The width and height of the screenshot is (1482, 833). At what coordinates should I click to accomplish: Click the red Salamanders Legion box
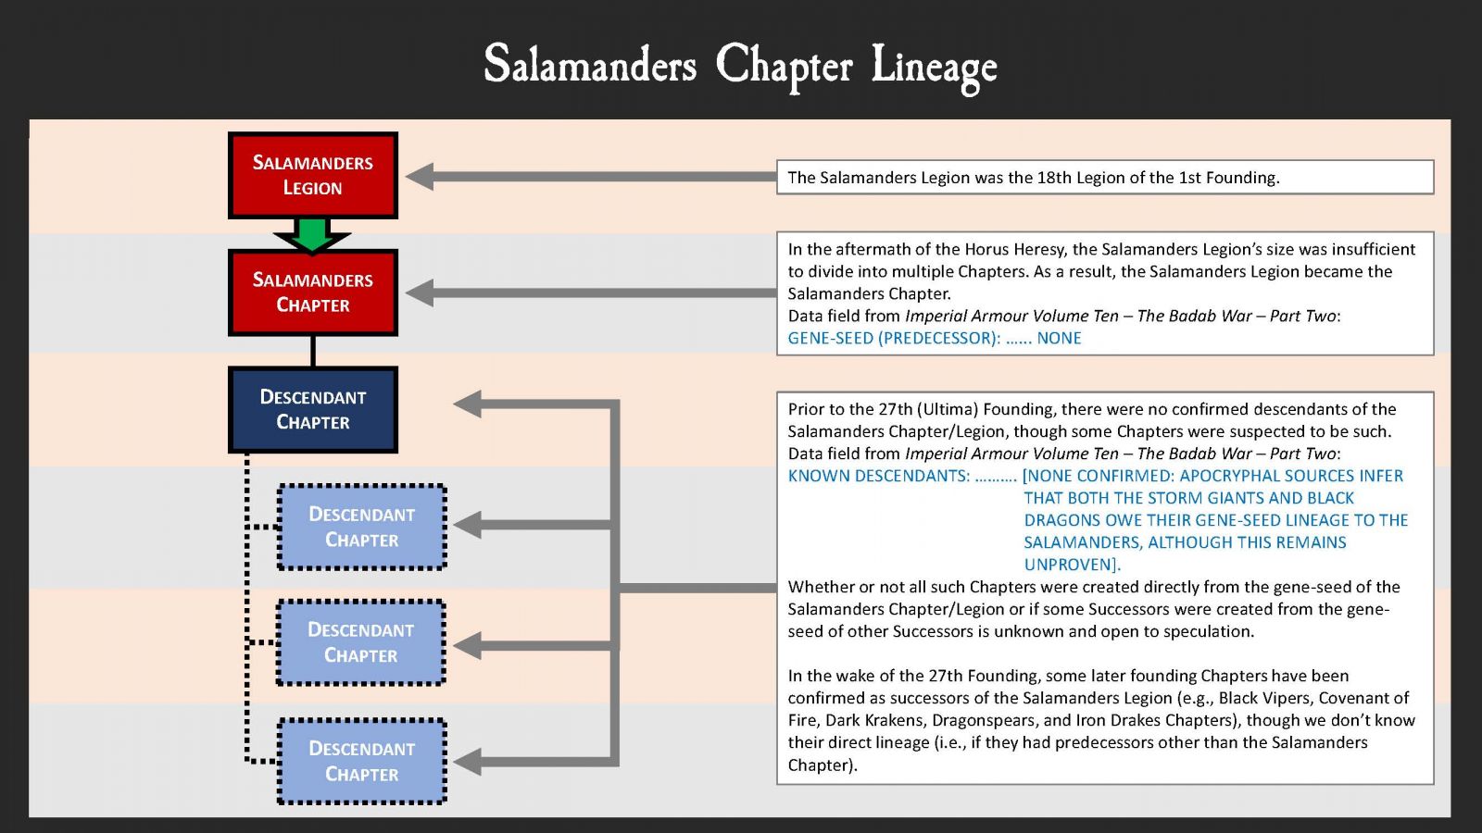(x=313, y=175)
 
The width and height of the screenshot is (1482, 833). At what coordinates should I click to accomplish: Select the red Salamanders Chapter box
(x=313, y=292)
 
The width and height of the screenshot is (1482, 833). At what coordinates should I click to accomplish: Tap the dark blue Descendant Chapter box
(x=313, y=410)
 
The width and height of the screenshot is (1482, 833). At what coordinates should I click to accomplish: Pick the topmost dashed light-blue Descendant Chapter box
(x=362, y=527)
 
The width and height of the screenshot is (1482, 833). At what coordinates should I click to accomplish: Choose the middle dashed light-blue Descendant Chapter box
(x=361, y=642)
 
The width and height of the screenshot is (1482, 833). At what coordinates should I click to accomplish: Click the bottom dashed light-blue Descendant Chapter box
(x=362, y=761)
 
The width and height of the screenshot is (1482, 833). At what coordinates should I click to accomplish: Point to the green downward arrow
(x=312, y=235)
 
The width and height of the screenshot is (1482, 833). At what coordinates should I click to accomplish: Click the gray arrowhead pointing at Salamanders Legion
(x=420, y=177)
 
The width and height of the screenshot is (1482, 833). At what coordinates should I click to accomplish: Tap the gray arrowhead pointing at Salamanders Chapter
(x=420, y=292)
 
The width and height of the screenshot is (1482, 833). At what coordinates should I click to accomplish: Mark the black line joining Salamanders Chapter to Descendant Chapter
(x=313, y=351)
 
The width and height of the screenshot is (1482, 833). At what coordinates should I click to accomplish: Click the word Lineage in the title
(x=935, y=67)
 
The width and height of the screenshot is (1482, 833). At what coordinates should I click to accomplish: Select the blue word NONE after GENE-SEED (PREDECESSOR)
(x=1059, y=338)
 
